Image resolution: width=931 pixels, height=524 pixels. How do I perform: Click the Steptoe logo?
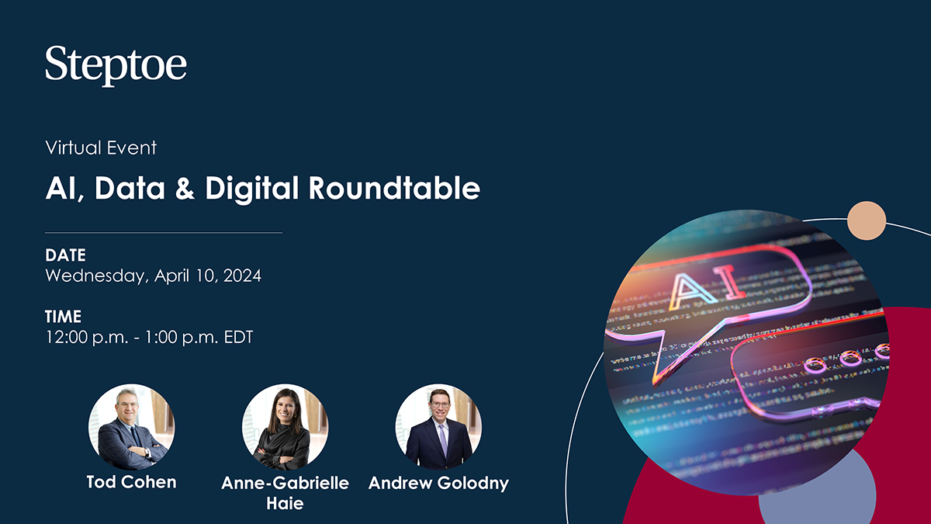pos(116,65)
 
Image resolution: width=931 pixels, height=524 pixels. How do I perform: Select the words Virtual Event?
pos(101,147)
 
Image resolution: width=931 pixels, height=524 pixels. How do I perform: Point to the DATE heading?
pos(65,255)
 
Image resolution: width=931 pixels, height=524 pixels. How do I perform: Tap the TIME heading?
pos(63,317)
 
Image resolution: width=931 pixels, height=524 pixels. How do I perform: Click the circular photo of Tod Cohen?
pos(132,427)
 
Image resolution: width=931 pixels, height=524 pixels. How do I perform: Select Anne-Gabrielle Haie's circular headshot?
pos(285,427)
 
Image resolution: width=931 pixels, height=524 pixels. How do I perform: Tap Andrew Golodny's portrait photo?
pos(438,427)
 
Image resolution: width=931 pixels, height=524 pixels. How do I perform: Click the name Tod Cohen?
pos(132,482)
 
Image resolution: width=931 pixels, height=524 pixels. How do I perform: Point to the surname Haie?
pos(285,503)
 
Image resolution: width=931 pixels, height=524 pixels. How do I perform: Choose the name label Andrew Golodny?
pos(438,483)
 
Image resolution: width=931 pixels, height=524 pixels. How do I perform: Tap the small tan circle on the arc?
pos(867,220)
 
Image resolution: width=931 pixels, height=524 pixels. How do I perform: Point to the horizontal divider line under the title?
pos(164,232)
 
